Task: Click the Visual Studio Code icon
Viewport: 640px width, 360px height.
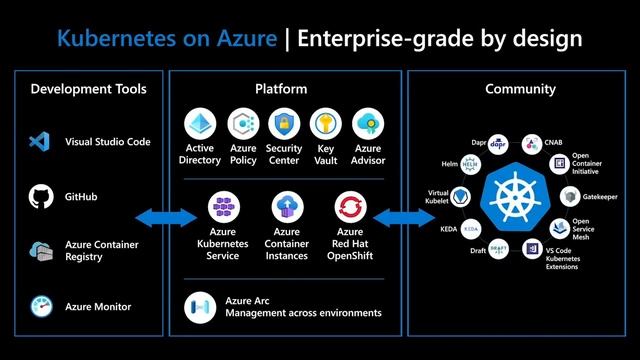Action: (40, 142)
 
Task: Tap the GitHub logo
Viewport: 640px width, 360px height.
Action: (40, 196)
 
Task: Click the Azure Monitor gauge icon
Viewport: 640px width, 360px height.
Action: (40, 306)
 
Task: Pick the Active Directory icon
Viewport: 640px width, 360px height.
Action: (200, 125)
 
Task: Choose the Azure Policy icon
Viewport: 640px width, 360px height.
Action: (242, 125)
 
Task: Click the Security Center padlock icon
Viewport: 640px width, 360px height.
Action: (284, 125)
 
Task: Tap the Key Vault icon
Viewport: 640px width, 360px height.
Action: (325, 125)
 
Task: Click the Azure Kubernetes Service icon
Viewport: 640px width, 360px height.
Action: (222, 208)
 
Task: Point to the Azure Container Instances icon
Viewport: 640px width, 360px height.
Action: (286, 208)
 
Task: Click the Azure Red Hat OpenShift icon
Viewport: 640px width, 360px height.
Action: (350, 208)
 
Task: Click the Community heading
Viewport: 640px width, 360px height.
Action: (520, 89)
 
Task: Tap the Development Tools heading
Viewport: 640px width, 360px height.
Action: (88, 89)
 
